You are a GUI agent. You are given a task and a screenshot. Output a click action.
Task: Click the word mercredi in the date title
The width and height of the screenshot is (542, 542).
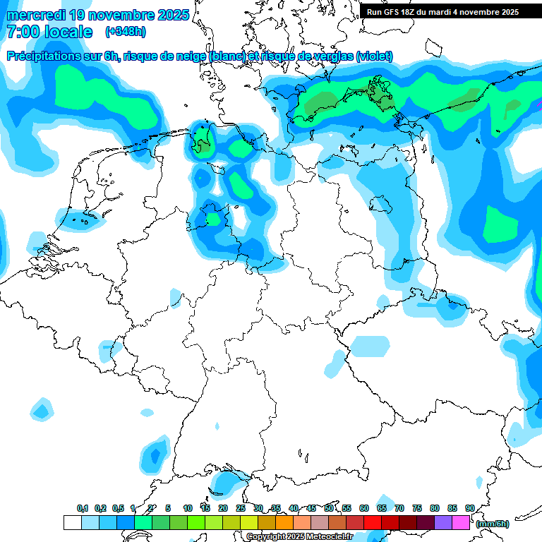coord(35,15)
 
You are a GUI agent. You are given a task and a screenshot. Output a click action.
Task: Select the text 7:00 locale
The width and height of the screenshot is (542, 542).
coord(49,32)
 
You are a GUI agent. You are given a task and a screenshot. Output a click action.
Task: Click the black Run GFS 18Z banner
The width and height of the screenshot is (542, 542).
coord(442,11)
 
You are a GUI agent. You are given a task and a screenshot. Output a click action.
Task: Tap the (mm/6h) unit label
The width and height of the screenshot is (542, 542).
coord(493,524)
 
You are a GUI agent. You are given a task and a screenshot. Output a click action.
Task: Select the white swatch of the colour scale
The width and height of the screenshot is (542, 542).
coord(72,523)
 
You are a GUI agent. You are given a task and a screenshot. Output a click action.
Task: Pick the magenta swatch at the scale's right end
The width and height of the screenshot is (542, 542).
coord(461,523)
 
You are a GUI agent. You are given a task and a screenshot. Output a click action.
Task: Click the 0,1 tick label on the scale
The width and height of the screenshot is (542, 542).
coord(83,508)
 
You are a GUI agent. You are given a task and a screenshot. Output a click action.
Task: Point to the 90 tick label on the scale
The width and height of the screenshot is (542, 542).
coord(470,508)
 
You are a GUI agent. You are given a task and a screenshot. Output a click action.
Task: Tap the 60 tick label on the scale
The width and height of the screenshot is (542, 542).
coord(364,508)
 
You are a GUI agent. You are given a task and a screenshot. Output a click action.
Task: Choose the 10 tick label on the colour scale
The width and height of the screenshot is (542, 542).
coord(188,508)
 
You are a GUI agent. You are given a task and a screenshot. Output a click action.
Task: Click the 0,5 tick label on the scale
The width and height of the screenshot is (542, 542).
coord(118,508)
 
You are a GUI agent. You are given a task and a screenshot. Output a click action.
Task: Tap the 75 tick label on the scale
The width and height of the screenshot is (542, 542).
coord(417,508)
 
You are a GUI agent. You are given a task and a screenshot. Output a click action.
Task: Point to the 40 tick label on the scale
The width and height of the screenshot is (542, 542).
coord(294,508)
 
